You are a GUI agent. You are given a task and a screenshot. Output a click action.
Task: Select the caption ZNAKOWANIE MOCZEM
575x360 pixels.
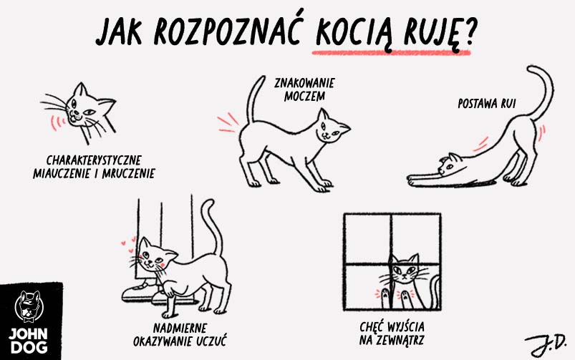click(299, 88)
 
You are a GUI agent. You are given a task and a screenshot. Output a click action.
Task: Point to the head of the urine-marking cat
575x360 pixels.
click(332, 128)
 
